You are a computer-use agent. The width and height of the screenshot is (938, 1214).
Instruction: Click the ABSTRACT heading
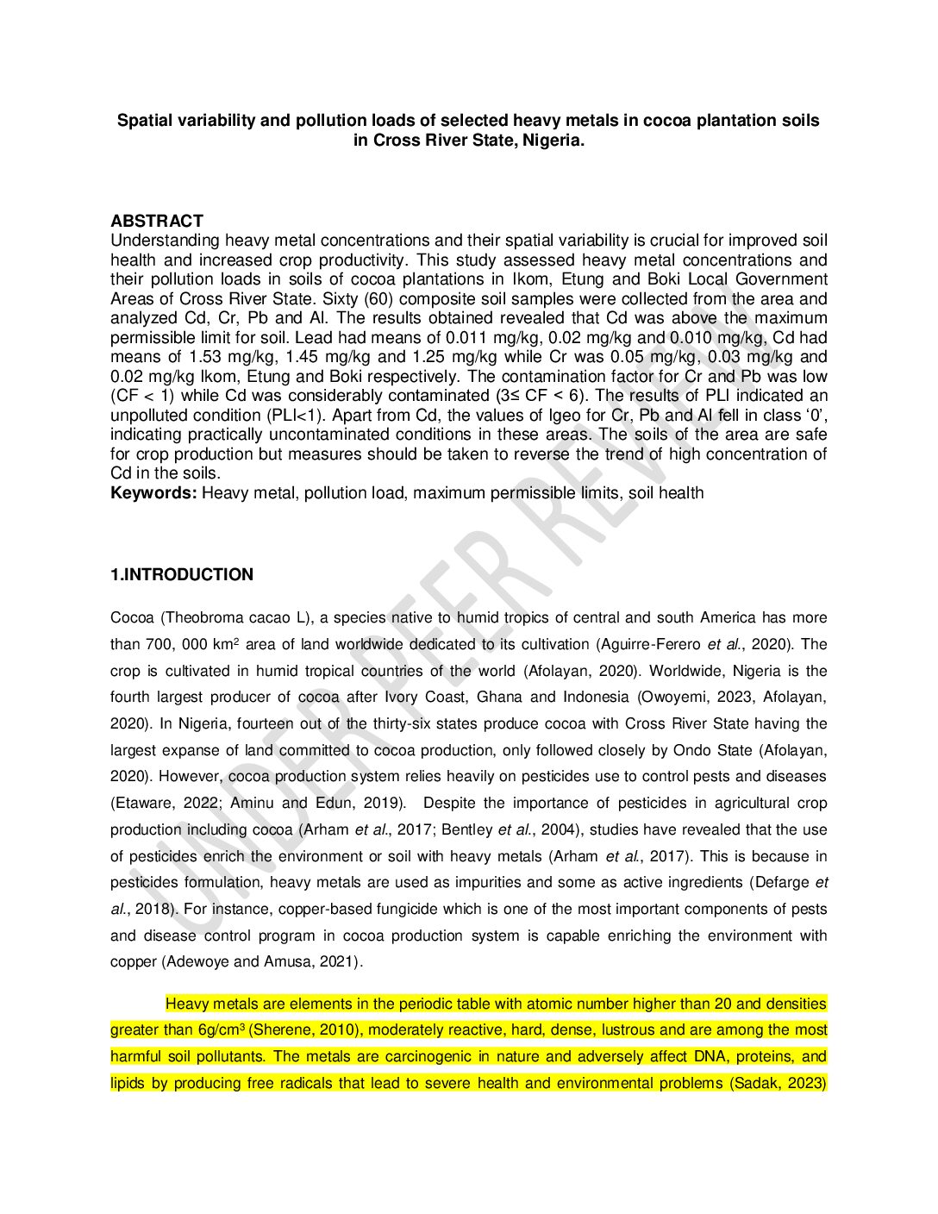[x=156, y=221]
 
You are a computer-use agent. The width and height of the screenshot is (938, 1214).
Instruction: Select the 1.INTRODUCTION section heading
[x=182, y=575]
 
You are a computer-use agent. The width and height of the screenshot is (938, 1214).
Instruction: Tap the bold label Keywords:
[x=153, y=493]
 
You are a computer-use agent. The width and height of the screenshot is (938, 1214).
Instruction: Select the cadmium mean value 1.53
[x=207, y=357]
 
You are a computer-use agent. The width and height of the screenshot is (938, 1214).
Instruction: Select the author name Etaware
[x=144, y=804]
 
